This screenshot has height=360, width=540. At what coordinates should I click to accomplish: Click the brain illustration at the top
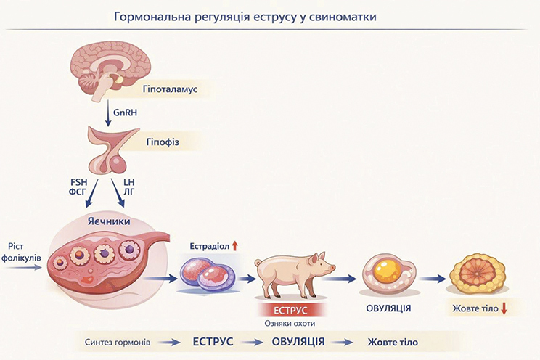point(116,67)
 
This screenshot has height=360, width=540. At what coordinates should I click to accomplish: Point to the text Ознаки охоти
point(290,324)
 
